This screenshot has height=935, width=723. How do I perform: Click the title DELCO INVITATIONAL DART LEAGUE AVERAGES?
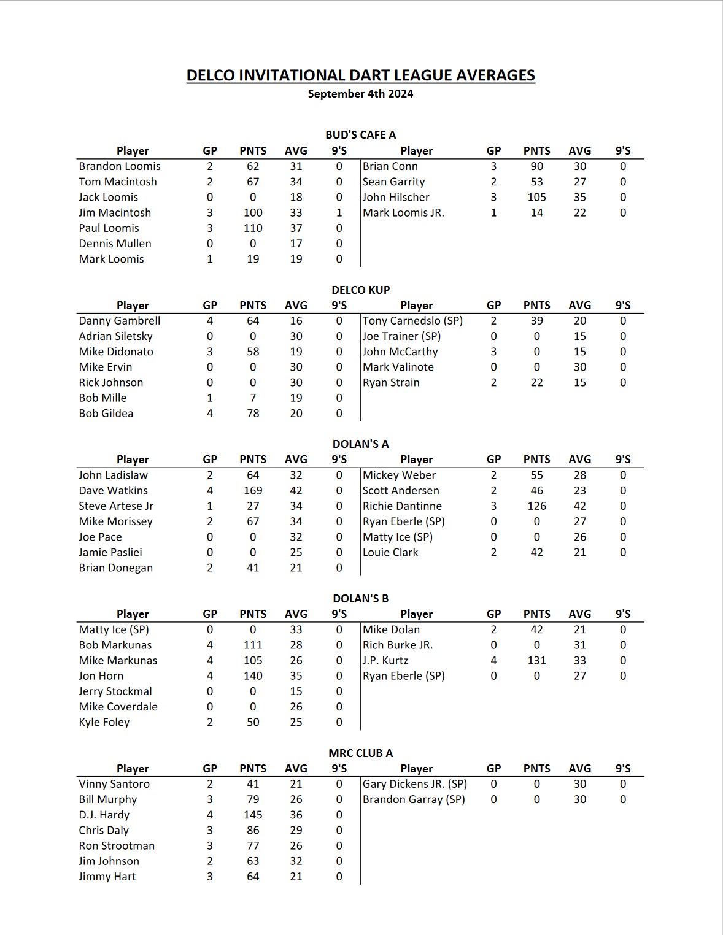click(x=360, y=75)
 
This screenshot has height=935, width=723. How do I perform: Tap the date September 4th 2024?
click(x=360, y=94)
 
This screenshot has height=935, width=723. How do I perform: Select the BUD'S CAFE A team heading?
click(x=360, y=135)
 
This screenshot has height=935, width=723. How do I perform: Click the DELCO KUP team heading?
click(x=360, y=290)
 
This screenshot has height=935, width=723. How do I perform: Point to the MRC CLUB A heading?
click(x=360, y=753)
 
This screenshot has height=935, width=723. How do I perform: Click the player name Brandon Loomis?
click(x=120, y=166)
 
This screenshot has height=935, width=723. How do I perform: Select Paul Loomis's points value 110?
click(x=253, y=228)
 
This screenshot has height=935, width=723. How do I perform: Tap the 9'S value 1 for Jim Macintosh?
click(x=339, y=213)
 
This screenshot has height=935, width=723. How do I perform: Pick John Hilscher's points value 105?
click(x=536, y=197)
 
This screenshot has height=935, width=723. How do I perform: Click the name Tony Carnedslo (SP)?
click(x=412, y=321)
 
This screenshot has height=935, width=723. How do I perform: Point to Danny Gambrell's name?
click(x=120, y=321)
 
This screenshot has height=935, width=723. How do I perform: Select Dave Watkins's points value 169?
click(x=253, y=491)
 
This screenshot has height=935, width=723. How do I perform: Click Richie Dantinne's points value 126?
click(x=536, y=506)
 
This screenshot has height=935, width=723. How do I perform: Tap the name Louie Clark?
click(x=390, y=552)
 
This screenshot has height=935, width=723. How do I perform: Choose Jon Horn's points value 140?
click(x=253, y=676)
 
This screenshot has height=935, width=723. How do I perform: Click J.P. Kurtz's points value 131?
click(x=536, y=661)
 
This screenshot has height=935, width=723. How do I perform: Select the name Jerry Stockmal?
click(x=115, y=691)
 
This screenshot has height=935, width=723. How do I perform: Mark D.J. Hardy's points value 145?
click(x=253, y=815)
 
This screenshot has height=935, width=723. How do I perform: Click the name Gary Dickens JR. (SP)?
click(x=415, y=784)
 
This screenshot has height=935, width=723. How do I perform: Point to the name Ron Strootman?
click(x=117, y=845)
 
